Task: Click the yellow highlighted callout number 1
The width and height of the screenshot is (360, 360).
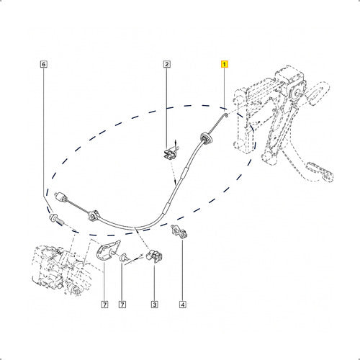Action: (x=224, y=64)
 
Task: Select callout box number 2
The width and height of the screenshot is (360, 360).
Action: (x=167, y=64)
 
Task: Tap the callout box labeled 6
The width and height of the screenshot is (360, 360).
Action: (x=43, y=64)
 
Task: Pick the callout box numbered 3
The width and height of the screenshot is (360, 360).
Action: (x=154, y=305)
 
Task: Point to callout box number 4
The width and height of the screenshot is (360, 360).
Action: (x=182, y=305)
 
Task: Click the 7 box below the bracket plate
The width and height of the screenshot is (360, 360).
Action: (x=104, y=305)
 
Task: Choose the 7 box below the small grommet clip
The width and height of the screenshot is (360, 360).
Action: (x=122, y=305)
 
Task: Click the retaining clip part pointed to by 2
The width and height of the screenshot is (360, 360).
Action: (x=171, y=153)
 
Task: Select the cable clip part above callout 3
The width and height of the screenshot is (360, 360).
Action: (x=154, y=256)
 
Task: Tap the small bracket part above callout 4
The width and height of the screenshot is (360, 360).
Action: (x=179, y=231)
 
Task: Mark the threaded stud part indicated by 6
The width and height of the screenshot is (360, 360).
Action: (x=57, y=220)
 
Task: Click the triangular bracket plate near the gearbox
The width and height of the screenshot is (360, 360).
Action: (x=107, y=250)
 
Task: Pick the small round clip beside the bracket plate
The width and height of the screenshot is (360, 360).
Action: (x=125, y=257)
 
